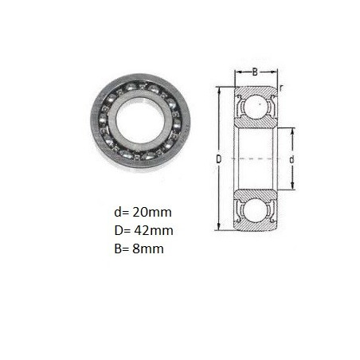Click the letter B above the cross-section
click(x=255, y=72)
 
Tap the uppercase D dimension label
click(x=218, y=159)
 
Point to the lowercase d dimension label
click(x=292, y=159)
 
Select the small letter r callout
click(x=281, y=88)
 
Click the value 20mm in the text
click(x=152, y=213)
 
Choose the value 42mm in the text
click(x=154, y=230)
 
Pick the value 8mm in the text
click(x=148, y=248)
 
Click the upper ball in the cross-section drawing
click(x=256, y=105)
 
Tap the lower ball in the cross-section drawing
click(x=256, y=211)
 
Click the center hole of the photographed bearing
click(x=140, y=122)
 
